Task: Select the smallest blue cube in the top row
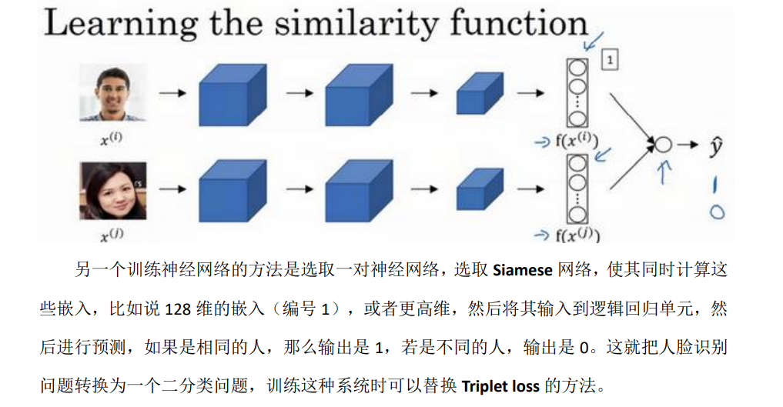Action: pyautogui.click(x=480, y=95)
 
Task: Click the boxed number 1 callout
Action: pyautogui.click(x=609, y=59)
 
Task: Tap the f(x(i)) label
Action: pyautogui.click(x=574, y=140)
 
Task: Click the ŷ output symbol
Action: pyautogui.click(x=715, y=145)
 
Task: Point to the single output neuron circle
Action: pyautogui.click(x=662, y=145)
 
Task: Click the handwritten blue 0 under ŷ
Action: pyautogui.click(x=717, y=212)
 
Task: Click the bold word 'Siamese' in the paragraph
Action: pyautogui.click(x=522, y=270)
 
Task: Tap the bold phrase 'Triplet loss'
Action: pyautogui.click(x=500, y=385)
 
